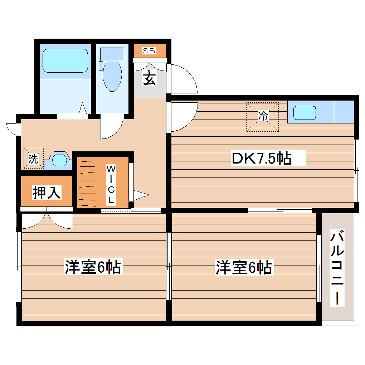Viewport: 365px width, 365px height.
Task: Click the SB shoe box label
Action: coord(149,51)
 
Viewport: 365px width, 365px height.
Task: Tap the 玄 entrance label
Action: coord(150,78)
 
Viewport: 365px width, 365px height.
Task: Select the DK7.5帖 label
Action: coord(262,158)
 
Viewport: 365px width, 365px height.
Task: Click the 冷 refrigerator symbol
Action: coord(262,117)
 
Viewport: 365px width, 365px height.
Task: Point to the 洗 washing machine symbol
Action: coord(33,159)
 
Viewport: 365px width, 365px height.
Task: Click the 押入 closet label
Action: coord(47,193)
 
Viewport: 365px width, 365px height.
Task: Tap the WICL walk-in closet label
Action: coord(111,185)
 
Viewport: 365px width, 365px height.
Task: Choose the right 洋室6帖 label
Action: coord(244,268)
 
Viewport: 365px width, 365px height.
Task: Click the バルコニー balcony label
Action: coord(337,268)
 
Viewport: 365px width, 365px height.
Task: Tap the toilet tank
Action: coord(112,54)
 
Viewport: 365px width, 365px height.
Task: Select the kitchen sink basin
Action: coord(305,113)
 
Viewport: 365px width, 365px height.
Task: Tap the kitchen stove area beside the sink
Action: coord(344,112)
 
